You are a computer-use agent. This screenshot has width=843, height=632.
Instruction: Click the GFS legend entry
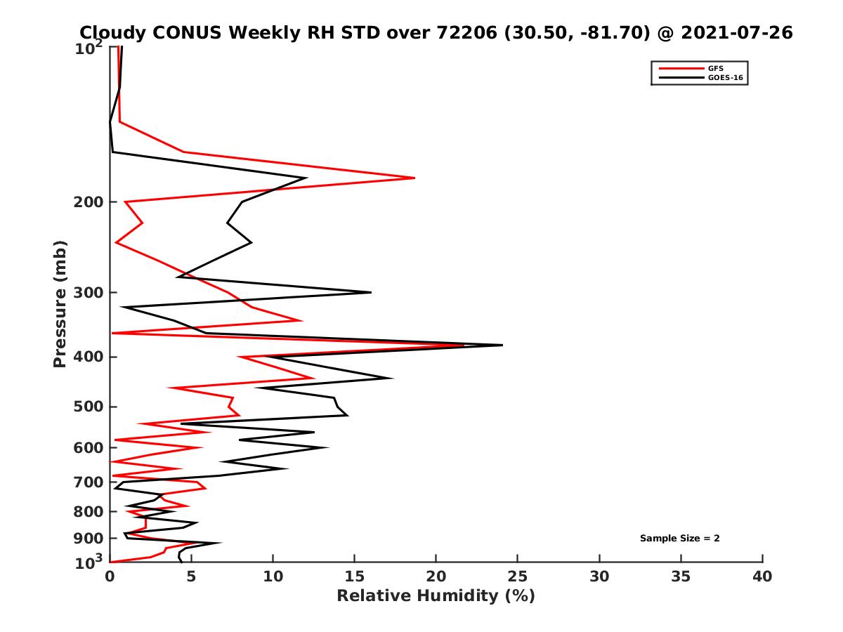click(x=717, y=68)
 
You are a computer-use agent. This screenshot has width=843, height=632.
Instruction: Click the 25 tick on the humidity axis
click(x=518, y=577)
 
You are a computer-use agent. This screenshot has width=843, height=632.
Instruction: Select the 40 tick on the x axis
click(x=762, y=577)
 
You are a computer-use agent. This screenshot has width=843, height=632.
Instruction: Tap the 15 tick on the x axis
click(x=355, y=577)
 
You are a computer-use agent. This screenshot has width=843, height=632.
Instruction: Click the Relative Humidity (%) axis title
click(x=436, y=596)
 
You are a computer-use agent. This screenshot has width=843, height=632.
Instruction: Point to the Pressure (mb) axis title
click(x=60, y=303)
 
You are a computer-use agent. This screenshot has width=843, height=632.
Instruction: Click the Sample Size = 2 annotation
click(x=679, y=539)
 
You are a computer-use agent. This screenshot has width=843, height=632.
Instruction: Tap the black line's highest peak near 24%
click(x=502, y=345)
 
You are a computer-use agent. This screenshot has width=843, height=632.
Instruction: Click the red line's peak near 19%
click(x=414, y=178)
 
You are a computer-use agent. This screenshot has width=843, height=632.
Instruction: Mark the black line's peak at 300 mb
click(x=371, y=292)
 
